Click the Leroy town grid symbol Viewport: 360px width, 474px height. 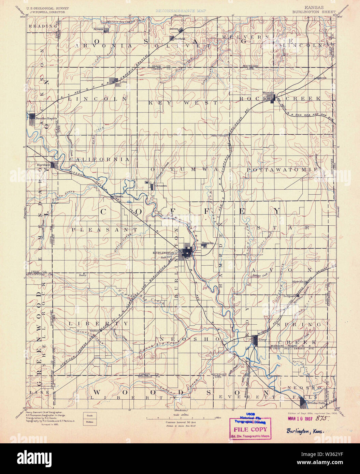click(x=256, y=340)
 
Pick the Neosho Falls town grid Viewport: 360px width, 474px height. click(x=303, y=403)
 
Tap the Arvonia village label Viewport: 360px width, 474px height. click(x=99, y=29)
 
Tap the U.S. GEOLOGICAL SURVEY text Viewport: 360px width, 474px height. click(x=47, y=8)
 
